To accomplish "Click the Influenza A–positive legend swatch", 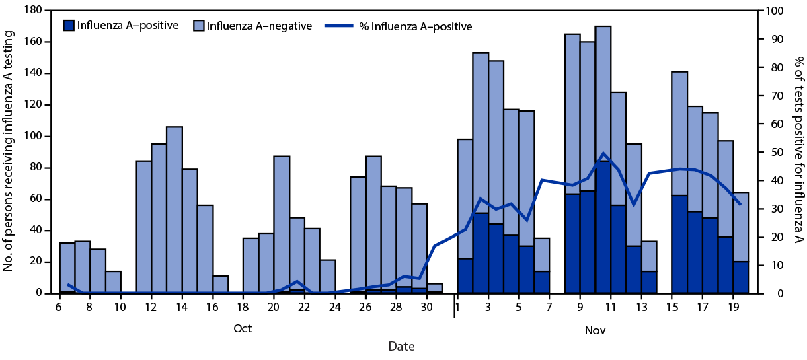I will pos(69,26).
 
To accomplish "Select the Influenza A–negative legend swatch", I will pos(199,26).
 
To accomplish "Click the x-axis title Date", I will pos(401,347).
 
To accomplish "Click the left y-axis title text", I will pos(9,151).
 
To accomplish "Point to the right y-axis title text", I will pos(798,151).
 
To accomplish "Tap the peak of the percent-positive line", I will pos(603,153).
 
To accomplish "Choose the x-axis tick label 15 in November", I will pos(672,308).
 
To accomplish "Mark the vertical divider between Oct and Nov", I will pos(454,313).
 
